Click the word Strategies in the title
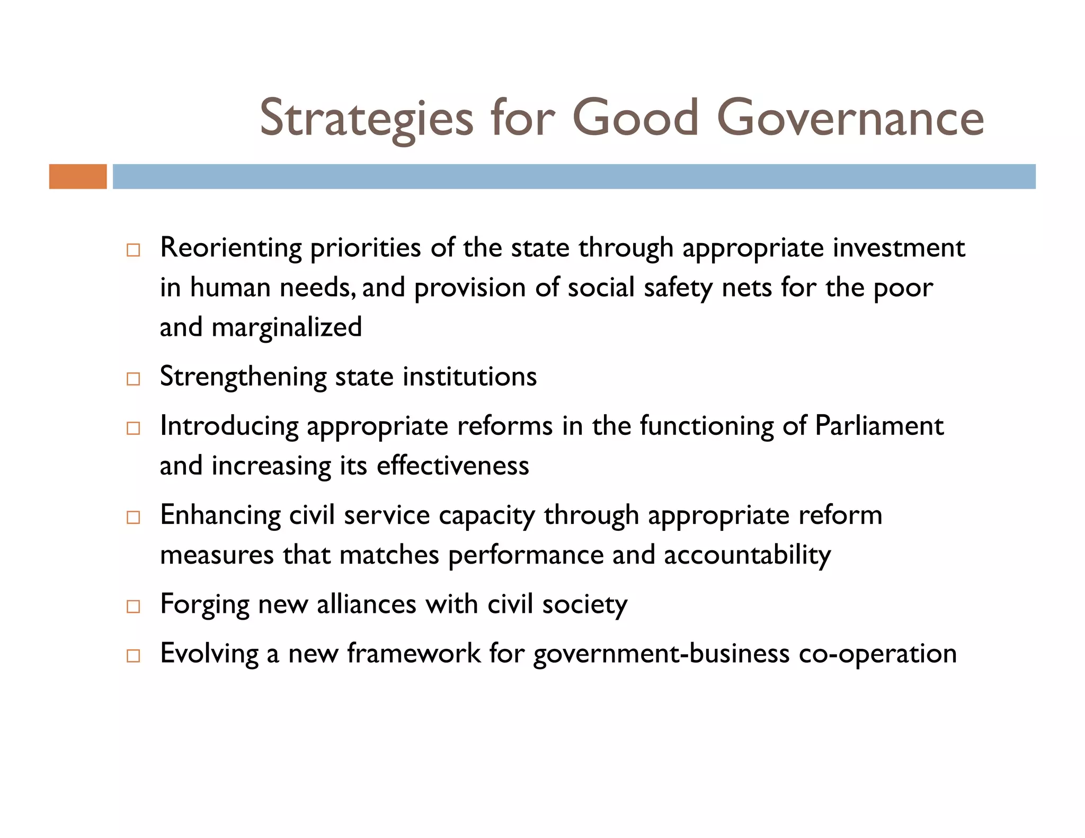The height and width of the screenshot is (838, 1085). coord(366,118)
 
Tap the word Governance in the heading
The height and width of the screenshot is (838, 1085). coord(850,118)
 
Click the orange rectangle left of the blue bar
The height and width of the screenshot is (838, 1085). coord(78,176)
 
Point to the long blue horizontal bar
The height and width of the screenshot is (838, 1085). coord(574,176)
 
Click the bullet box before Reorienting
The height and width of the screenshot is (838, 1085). coord(134,250)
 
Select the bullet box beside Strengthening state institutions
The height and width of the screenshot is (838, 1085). coord(134,379)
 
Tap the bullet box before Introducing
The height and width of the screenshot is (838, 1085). coord(134,428)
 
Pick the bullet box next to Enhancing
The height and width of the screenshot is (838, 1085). coord(134,517)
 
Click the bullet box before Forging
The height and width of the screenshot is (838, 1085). coord(134,606)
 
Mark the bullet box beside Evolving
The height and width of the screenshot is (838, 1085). coord(134,655)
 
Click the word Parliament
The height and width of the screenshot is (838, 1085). coord(879,425)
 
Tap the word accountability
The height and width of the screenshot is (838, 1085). coord(747,555)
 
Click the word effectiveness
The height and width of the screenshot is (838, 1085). coord(452,466)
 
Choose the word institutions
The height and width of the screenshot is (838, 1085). coord(469,377)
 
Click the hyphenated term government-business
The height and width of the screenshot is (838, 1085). coord(661,653)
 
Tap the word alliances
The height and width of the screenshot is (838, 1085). coord(366,604)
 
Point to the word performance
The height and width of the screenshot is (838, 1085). coord(526,555)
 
